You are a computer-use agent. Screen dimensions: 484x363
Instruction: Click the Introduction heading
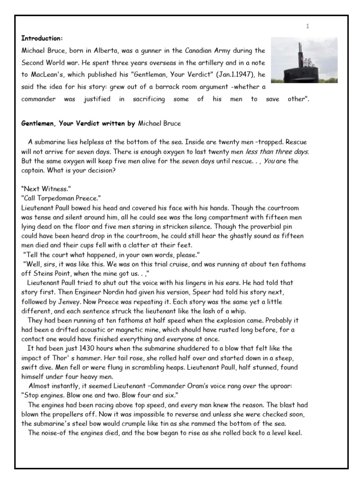tap(42, 38)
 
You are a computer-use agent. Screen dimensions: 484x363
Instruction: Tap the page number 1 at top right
tap(307, 26)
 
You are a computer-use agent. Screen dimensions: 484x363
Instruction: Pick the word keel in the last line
tap(293, 433)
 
